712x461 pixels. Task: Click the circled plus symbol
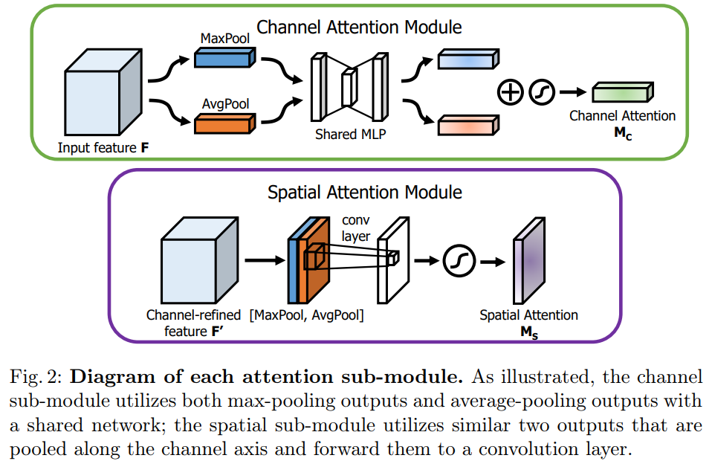[x=511, y=92]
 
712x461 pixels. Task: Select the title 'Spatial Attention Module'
[x=364, y=193]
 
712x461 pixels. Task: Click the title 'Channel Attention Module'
[x=359, y=27]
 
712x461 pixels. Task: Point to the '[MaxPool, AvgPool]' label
[x=307, y=315]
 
